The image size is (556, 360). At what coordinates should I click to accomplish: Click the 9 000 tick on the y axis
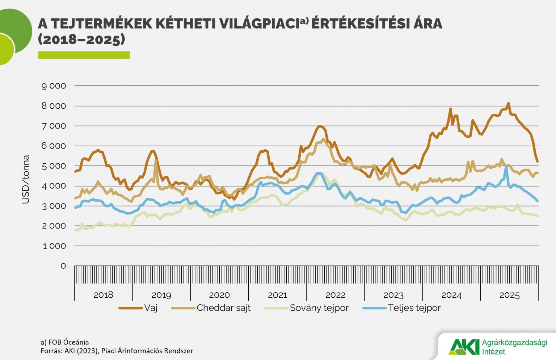click(54, 86)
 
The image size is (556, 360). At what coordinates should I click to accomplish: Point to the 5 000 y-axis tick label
click(54, 166)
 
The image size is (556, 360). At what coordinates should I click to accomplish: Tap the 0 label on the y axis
click(63, 266)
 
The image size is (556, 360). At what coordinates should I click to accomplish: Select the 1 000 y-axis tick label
click(54, 246)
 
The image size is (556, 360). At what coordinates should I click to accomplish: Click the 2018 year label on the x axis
click(103, 295)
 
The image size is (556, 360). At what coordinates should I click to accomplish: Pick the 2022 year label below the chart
click(335, 295)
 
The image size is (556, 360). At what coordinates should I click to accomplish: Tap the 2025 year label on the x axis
click(509, 295)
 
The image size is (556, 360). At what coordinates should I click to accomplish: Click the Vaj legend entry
click(151, 308)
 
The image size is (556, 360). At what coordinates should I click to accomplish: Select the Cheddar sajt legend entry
click(223, 308)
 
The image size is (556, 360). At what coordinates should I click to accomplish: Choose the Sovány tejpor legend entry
click(319, 308)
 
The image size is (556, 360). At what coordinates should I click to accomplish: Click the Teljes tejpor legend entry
click(414, 308)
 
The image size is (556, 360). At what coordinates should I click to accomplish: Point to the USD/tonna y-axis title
click(26, 179)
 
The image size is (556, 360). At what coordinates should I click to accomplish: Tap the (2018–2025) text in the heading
click(81, 39)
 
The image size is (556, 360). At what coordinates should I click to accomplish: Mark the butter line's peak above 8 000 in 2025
click(508, 104)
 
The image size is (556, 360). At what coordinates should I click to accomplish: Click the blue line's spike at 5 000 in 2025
click(506, 167)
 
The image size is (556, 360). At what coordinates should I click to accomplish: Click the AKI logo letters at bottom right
click(463, 347)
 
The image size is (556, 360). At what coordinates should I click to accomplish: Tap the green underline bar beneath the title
click(84, 55)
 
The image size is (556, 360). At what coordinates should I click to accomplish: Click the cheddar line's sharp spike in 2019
click(156, 161)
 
